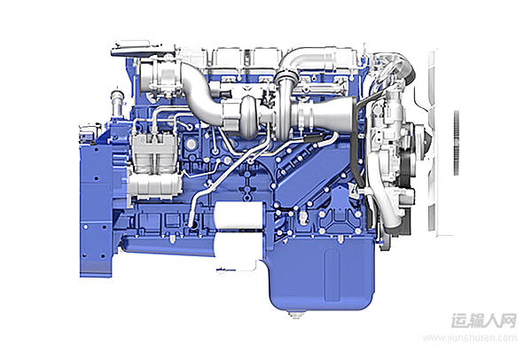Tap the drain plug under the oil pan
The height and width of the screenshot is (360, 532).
[296, 315]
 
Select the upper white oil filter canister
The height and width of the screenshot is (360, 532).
[239, 215]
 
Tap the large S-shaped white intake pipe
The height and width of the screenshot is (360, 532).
[200, 93]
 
